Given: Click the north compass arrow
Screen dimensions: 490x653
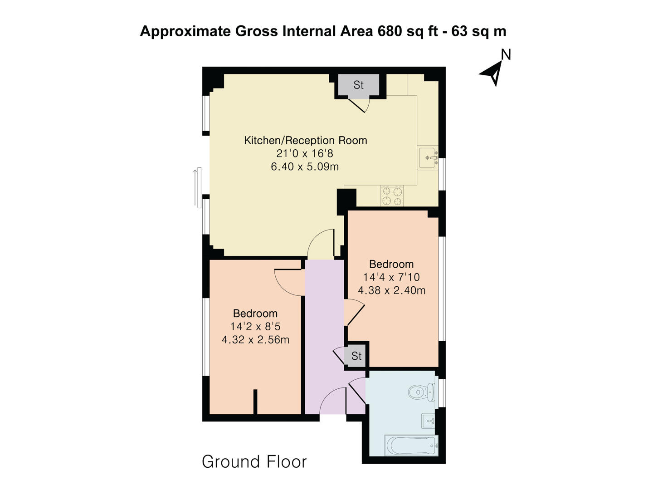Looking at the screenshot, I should point(492,73).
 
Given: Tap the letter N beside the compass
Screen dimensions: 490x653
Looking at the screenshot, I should point(506,54).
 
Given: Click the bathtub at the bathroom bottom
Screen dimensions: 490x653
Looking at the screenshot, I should point(411,445).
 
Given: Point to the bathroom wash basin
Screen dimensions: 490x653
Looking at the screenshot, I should point(428,421).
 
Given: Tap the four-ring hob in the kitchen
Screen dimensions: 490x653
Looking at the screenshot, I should point(392,196).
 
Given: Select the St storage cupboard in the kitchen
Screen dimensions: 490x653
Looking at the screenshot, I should point(358,85).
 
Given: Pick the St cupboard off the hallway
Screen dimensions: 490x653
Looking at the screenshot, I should point(356,356).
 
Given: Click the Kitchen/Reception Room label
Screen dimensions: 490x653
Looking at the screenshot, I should point(305,140).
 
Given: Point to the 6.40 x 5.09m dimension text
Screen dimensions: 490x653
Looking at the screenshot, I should point(305,167).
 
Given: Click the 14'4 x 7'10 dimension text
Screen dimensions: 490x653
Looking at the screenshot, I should point(391,277).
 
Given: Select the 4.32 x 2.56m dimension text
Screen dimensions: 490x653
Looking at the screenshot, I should point(255,339).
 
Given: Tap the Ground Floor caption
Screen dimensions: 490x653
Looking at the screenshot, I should point(254,462).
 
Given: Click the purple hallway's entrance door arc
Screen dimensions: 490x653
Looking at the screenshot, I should point(332,399).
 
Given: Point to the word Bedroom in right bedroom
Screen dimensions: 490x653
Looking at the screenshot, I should point(391,264).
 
